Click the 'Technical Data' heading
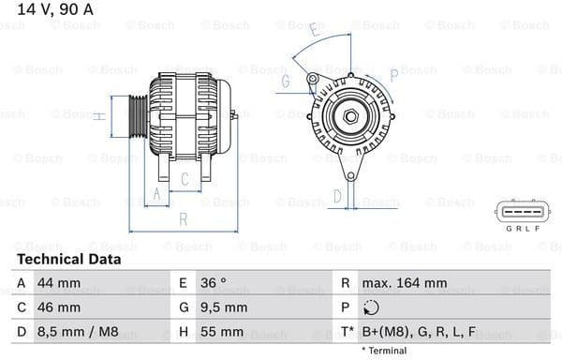point(68,259)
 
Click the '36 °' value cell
point(214,282)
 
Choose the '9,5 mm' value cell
point(223,307)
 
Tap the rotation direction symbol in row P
point(371,307)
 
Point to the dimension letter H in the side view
point(98,116)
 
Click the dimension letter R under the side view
point(184,219)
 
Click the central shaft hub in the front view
point(349,116)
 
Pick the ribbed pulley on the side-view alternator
point(138,116)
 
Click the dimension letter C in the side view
point(185,178)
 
